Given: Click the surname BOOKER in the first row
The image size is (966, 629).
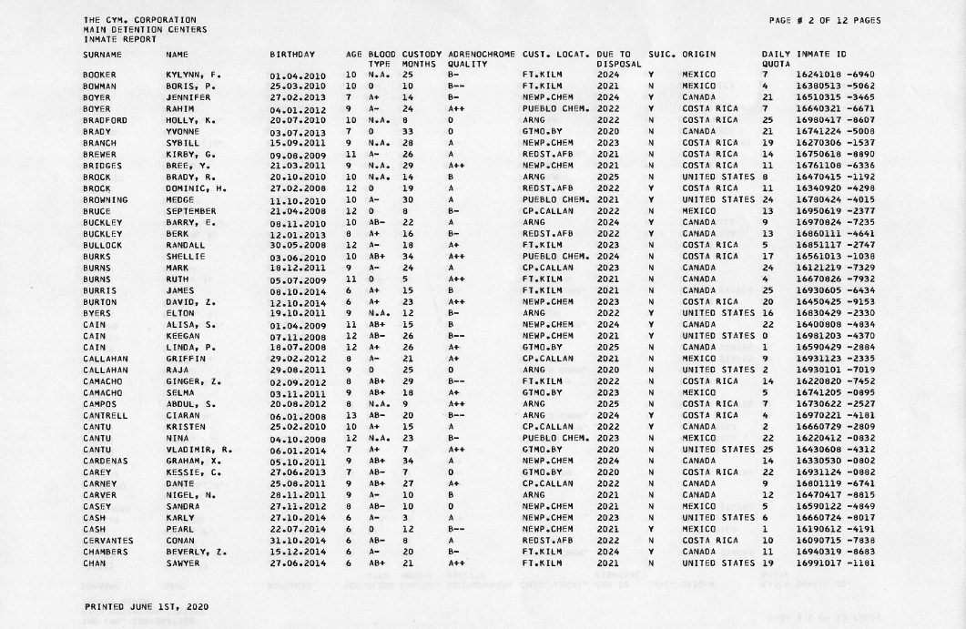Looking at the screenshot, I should [98, 74].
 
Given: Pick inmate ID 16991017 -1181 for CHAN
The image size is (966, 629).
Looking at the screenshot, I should [834, 563].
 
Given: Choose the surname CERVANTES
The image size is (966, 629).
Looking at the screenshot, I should [107, 541].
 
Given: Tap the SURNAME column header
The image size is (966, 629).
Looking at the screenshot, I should [102, 56].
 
